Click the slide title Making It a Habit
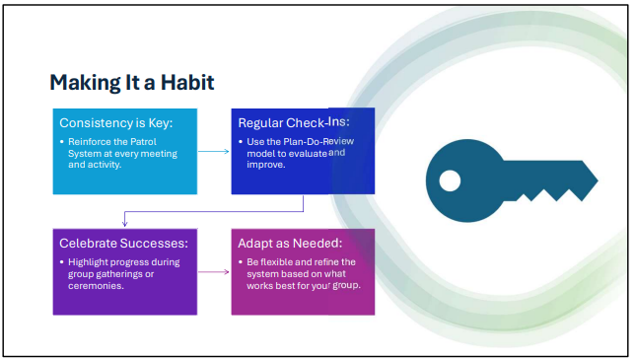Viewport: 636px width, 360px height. [132, 83]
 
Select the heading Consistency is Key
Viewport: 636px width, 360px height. [116, 123]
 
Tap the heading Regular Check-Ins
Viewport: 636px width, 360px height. [294, 122]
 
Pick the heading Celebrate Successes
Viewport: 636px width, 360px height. [123, 243]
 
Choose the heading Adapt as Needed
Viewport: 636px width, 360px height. [290, 243]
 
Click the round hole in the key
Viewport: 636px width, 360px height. [450, 180]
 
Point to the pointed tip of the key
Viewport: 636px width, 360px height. [598, 180]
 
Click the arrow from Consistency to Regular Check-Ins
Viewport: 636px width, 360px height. [214, 151]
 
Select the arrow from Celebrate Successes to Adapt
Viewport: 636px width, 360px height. [214, 271]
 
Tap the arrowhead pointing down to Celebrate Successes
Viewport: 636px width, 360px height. [125, 223]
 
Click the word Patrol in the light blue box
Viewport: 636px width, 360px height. [143, 142]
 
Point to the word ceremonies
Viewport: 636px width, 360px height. [96, 286]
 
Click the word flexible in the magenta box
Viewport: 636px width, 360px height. [278, 262]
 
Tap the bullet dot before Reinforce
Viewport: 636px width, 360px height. [62, 142]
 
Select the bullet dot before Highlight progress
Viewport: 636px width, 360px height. [62, 262]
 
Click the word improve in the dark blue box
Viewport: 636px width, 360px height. [265, 165]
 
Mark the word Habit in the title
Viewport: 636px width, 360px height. [187, 83]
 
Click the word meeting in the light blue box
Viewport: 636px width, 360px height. [158, 154]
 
